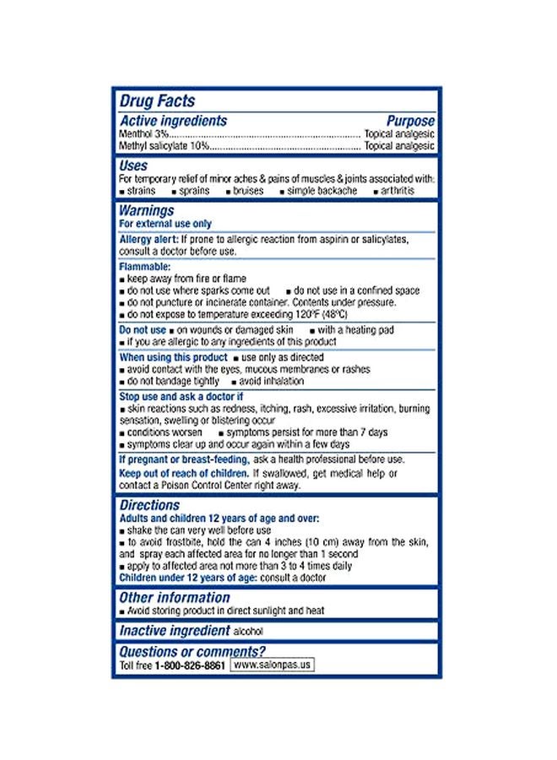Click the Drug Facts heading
[157, 101]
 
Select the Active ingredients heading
[173, 121]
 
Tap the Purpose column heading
[410, 121]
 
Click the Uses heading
[133, 166]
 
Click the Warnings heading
[147, 210]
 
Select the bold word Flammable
[146, 267]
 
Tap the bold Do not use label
[143, 329]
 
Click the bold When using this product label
[173, 357]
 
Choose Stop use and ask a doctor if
[181, 396]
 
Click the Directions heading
[149, 505]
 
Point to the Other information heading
[175, 597]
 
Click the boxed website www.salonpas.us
[272, 665]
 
